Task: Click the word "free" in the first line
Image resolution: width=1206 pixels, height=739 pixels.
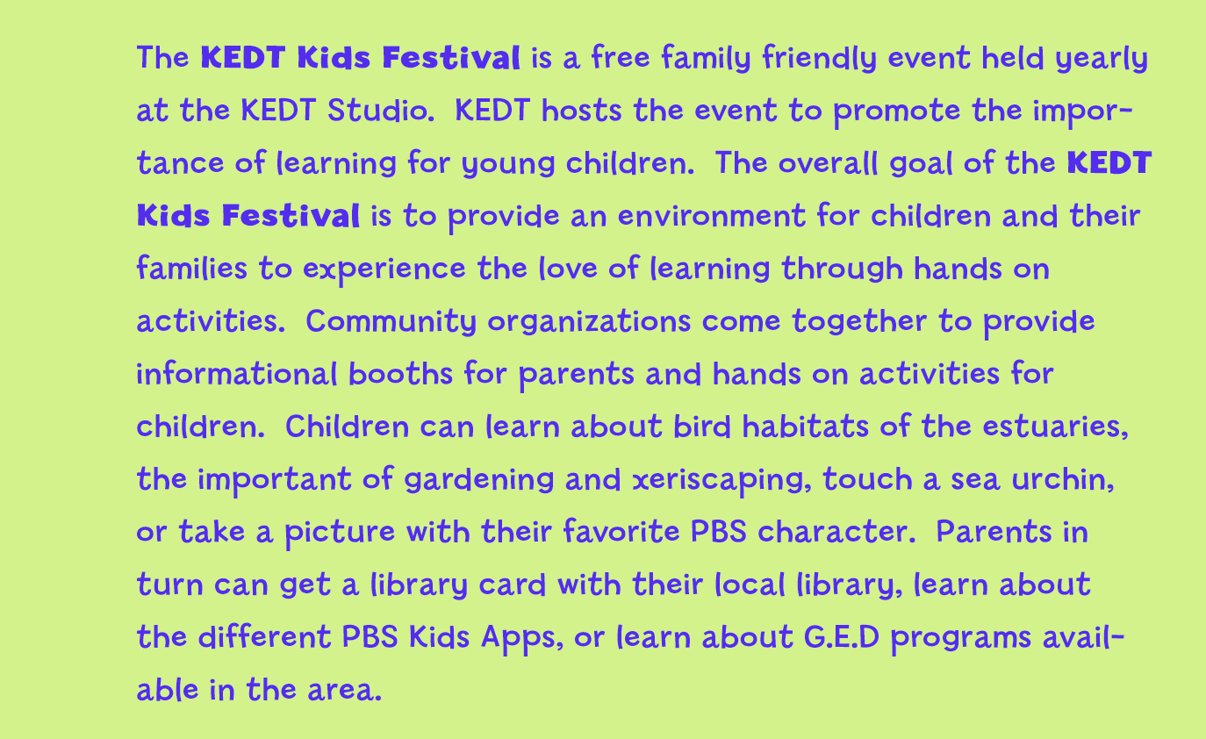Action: [x=621, y=57]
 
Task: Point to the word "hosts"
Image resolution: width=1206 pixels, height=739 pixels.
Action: [x=581, y=111]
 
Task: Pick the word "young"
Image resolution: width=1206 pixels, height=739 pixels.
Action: [x=508, y=165]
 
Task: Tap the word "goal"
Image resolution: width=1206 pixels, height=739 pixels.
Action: [x=921, y=163]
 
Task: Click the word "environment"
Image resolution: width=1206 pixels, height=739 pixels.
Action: [x=711, y=216]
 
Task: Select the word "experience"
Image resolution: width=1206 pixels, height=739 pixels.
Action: [x=384, y=270]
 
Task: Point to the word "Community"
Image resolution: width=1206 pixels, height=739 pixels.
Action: [x=391, y=322]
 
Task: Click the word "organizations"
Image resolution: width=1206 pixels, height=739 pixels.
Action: [x=589, y=323]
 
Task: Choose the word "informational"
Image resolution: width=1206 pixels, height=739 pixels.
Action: [x=238, y=374]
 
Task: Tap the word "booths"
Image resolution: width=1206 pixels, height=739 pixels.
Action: [x=400, y=374]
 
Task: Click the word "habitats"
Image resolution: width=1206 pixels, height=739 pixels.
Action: [x=806, y=427]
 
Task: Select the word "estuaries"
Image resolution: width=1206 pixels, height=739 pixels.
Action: [x=1056, y=427]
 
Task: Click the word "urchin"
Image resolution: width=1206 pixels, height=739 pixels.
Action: [x=1063, y=480]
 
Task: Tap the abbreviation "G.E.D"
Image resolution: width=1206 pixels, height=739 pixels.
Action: [x=842, y=637]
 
